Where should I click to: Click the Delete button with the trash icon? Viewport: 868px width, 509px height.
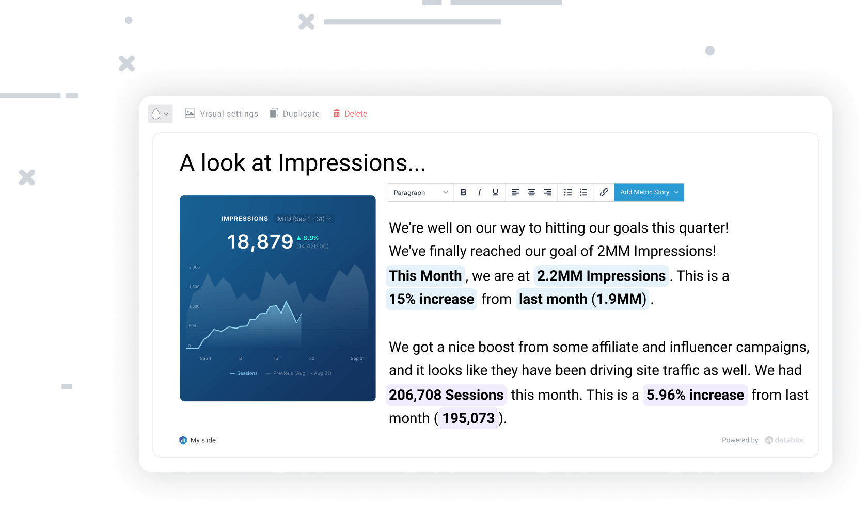click(x=350, y=113)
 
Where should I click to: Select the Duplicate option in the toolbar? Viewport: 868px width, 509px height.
click(x=295, y=113)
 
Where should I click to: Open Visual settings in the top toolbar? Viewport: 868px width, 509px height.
click(x=222, y=113)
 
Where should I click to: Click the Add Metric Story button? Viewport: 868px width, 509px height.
click(x=649, y=192)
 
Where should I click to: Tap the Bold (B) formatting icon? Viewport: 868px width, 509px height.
click(x=463, y=192)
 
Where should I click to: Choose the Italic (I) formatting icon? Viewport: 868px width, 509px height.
click(x=479, y=192)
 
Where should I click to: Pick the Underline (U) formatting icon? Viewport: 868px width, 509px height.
click(x=495, y=192)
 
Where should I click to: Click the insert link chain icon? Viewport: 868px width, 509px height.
click(x=604, y=192)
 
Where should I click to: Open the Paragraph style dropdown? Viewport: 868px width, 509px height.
click(x=420, y=192)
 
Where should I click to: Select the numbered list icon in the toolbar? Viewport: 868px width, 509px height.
click(x=583, y=192)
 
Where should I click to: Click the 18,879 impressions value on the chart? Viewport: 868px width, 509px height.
click(x=260, y=241)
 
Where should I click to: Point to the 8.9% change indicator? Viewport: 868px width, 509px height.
click(x=308, y=238)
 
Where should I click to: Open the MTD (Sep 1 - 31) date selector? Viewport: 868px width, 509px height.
click(x=304, y=219)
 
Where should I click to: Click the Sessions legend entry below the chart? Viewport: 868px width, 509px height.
click(x=244, y=373)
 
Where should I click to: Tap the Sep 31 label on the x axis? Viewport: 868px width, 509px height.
click(x=357, y=358)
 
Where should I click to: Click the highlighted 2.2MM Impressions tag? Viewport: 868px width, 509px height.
click(x=601, y=276)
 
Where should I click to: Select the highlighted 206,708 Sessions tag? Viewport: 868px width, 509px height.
click(x=446, y=395)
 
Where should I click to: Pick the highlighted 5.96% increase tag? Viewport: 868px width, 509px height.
click(x=695, y=395)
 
